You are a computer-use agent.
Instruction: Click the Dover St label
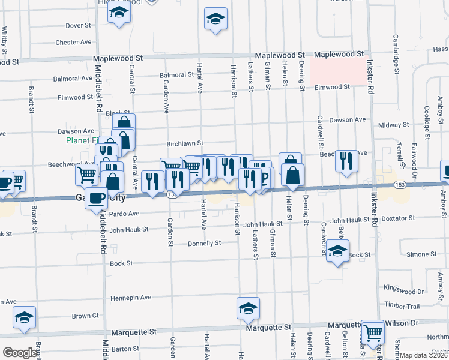[x=78, y=25]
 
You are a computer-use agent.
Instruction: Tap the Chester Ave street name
[x=73, y=43]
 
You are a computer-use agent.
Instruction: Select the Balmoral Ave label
[x=73, y=79]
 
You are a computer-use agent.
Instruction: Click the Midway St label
[x=394, y=125]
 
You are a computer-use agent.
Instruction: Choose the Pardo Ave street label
[x=124, y=214]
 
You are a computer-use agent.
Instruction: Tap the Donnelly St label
[x=205, y=243]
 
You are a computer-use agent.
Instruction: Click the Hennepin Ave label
[x=130, y=297]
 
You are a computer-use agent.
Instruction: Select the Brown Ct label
[x=85, y=316]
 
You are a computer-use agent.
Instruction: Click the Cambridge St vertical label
[x=396, y=54]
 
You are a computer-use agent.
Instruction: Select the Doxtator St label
[x=396, y=220]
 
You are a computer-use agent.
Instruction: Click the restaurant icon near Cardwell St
[x=347, y=160]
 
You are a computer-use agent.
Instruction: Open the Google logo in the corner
[x=20, y=353]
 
